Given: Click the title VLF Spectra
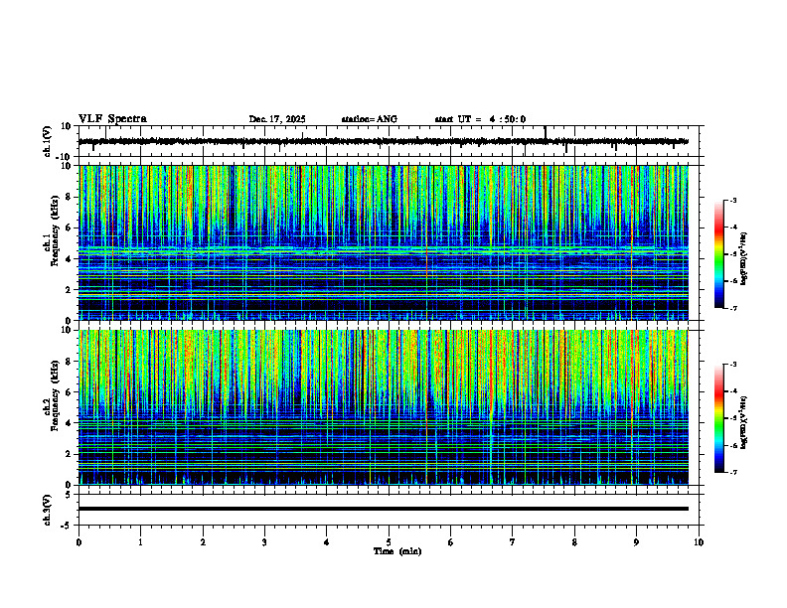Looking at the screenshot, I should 112,118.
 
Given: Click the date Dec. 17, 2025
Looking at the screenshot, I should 277,119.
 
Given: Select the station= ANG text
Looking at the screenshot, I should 369,119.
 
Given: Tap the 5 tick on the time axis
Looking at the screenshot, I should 389,541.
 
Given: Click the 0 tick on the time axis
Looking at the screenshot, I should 79,541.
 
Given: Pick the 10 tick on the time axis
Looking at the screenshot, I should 699,541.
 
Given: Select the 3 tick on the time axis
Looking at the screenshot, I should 264,541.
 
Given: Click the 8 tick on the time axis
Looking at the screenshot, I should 574,541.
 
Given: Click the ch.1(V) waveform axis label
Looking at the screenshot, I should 47,141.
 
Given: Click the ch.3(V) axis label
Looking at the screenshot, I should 47,509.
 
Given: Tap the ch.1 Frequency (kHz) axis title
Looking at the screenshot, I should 50,242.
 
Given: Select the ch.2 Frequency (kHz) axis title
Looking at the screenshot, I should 50,407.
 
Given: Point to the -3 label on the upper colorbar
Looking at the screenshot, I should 732,201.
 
